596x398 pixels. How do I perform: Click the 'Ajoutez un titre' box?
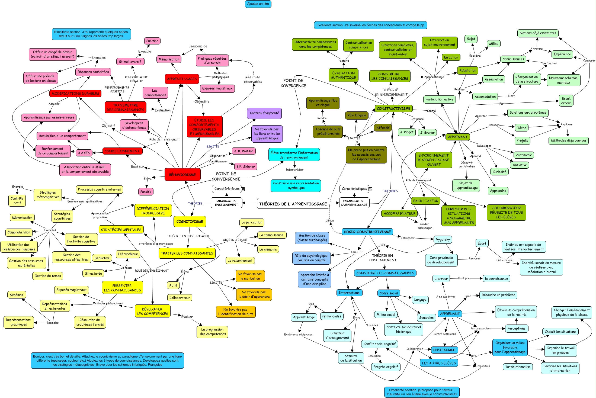pyautogui.click(x=258, y=4)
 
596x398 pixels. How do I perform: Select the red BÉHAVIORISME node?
pyautogui.click(x=182, y=175)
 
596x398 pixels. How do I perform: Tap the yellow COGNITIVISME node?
pyautogui.click(x=190, y=222)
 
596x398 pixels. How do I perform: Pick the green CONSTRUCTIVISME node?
pyautogui.click(x=393, y=108)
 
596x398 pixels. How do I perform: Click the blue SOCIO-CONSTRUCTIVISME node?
pyautogui.click(x=367, y=232)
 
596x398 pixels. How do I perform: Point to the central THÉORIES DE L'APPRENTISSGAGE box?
pyautogui.click(x=293, y=204)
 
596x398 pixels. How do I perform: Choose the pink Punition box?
pyautogui.click(x=152, y=41)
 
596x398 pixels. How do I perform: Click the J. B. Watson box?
pyautogui.click(x=243, y=151)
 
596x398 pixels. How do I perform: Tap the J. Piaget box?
pyautogui.click(x=407, y=132)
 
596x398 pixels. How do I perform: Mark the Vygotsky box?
pyautogui.click(x=443, y=239)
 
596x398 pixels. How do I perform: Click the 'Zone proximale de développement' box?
pyautogui.click(x=441, y=260)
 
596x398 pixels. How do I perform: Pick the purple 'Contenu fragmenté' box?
pyautogui.click(x=264, y=113)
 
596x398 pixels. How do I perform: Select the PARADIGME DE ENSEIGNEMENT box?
pyautogui.click(x=226, y=203)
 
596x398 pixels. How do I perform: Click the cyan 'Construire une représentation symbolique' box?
pyautogui.click(x=296, y=185)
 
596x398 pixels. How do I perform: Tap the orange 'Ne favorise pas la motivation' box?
pyautogui.click(x=250, y=276)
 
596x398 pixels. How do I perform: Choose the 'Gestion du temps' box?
pyautogui.click(x=48, y=276)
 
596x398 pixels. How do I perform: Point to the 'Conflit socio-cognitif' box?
pyautogui.click(x=379, y=344)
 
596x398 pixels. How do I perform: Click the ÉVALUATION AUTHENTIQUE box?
pyautogui.click(x=343, y=75)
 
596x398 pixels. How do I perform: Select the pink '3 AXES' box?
pyautogui.click(x=84, y=153)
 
